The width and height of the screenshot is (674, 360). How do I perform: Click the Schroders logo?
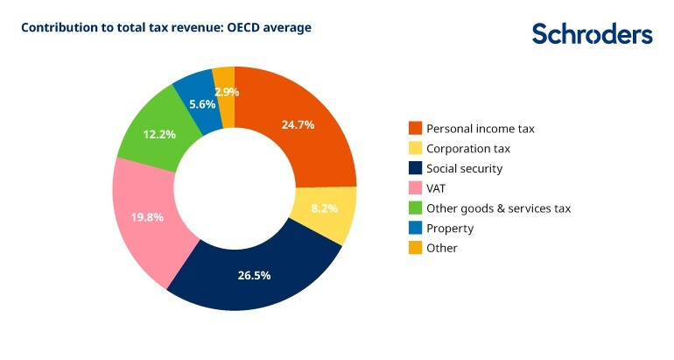[592, 35]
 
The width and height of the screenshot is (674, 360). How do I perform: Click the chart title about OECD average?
[165, 28]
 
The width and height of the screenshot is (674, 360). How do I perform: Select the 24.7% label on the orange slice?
[298, 124]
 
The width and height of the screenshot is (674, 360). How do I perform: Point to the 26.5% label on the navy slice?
[254, 275]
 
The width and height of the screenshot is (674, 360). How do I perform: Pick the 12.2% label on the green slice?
[158, 134]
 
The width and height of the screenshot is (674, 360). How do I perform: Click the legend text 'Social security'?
[464, 168]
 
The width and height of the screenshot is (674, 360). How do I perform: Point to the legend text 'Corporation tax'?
[467, 149]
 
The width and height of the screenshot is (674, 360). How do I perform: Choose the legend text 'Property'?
[450, 229]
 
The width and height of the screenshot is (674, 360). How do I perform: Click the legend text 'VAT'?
[437, 188]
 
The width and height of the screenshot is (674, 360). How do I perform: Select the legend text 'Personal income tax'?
[480, 129]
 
